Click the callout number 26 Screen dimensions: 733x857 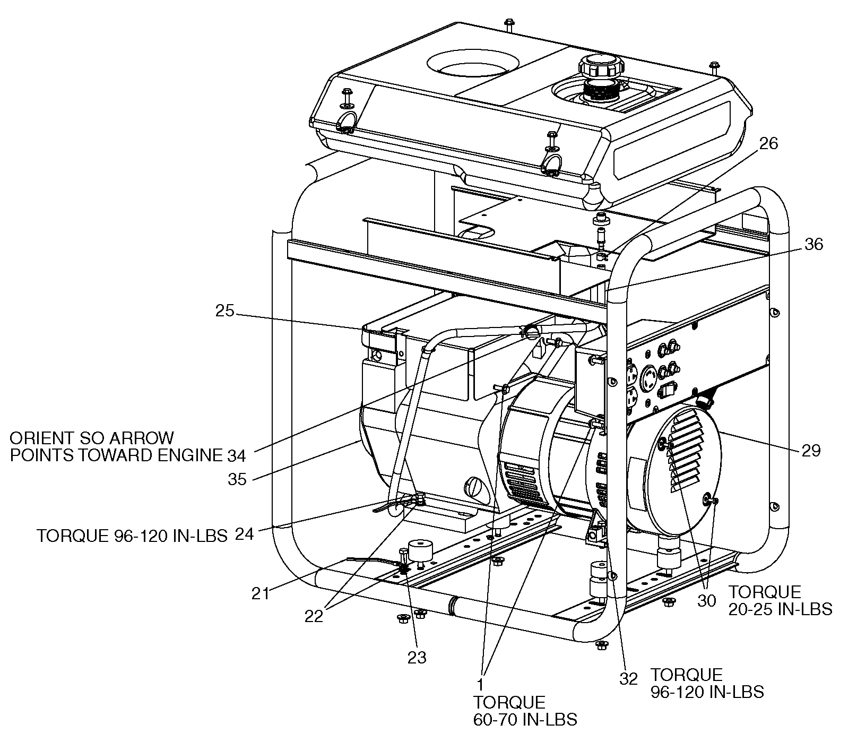[x=768, y=143]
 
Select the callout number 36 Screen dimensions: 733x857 [x=813, y=245]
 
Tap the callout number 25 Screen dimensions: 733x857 [x=224, y=311]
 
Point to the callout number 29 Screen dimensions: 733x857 [x=811, y=451]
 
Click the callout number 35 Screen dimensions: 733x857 [x=237, y=479]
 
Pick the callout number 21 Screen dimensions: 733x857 [x=261, y=593]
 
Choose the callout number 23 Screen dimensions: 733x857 [x=417, y=658]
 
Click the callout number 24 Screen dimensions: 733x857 [x=245, y=533]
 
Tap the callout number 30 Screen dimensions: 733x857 [x=707, y=601]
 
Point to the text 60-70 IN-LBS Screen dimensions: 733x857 [x=525, y=719]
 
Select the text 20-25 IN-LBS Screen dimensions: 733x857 [x=780, y=609]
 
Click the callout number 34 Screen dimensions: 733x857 [x=237, y=455]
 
